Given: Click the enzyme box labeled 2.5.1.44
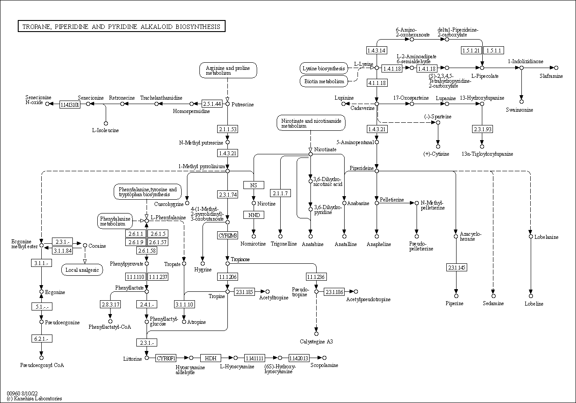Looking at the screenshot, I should tap(212, 104).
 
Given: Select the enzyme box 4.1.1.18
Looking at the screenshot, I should tap(377, 83).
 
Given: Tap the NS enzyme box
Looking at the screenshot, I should tap(254, 185).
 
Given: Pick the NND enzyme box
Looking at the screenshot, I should tap(254, 215).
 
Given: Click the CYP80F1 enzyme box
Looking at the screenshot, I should tap(167, 358).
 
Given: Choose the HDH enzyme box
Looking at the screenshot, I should tap(211, 358).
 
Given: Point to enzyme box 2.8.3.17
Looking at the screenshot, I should tap(110, 304).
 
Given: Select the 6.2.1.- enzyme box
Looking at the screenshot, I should tap(41, 339).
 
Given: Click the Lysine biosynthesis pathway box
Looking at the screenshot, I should tap(324, 69).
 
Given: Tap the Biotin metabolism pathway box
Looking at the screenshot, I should tap(324, 81).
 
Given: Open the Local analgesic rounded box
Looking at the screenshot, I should tap(82, 270).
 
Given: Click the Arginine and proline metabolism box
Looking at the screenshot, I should tap(228, 70).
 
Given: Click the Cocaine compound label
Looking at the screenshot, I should tap(97, 246).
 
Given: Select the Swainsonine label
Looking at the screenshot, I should tap(519, 109).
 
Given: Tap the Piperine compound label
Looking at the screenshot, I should tap(455, 303).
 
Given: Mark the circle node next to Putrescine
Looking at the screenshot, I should tap(227, 104).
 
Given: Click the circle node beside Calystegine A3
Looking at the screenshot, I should tap(316, 333).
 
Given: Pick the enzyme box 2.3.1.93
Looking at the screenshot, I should tap(482, 129).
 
